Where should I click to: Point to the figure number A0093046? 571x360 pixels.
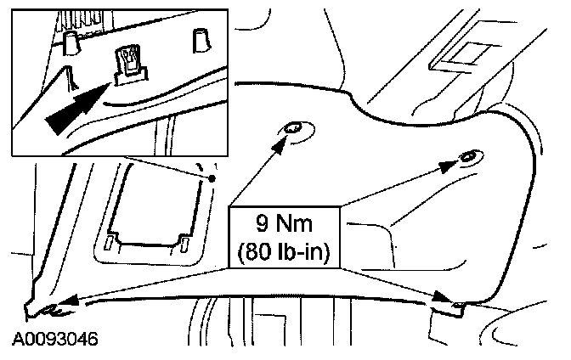(x=54, y=339)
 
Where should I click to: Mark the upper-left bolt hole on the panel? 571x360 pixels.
(x=293, y=128)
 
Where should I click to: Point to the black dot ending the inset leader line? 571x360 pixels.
(x=212, y=178)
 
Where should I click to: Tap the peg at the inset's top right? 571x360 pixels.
(x=201, y=39)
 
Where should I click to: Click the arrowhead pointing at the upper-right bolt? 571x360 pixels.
(x=450, y=166)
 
